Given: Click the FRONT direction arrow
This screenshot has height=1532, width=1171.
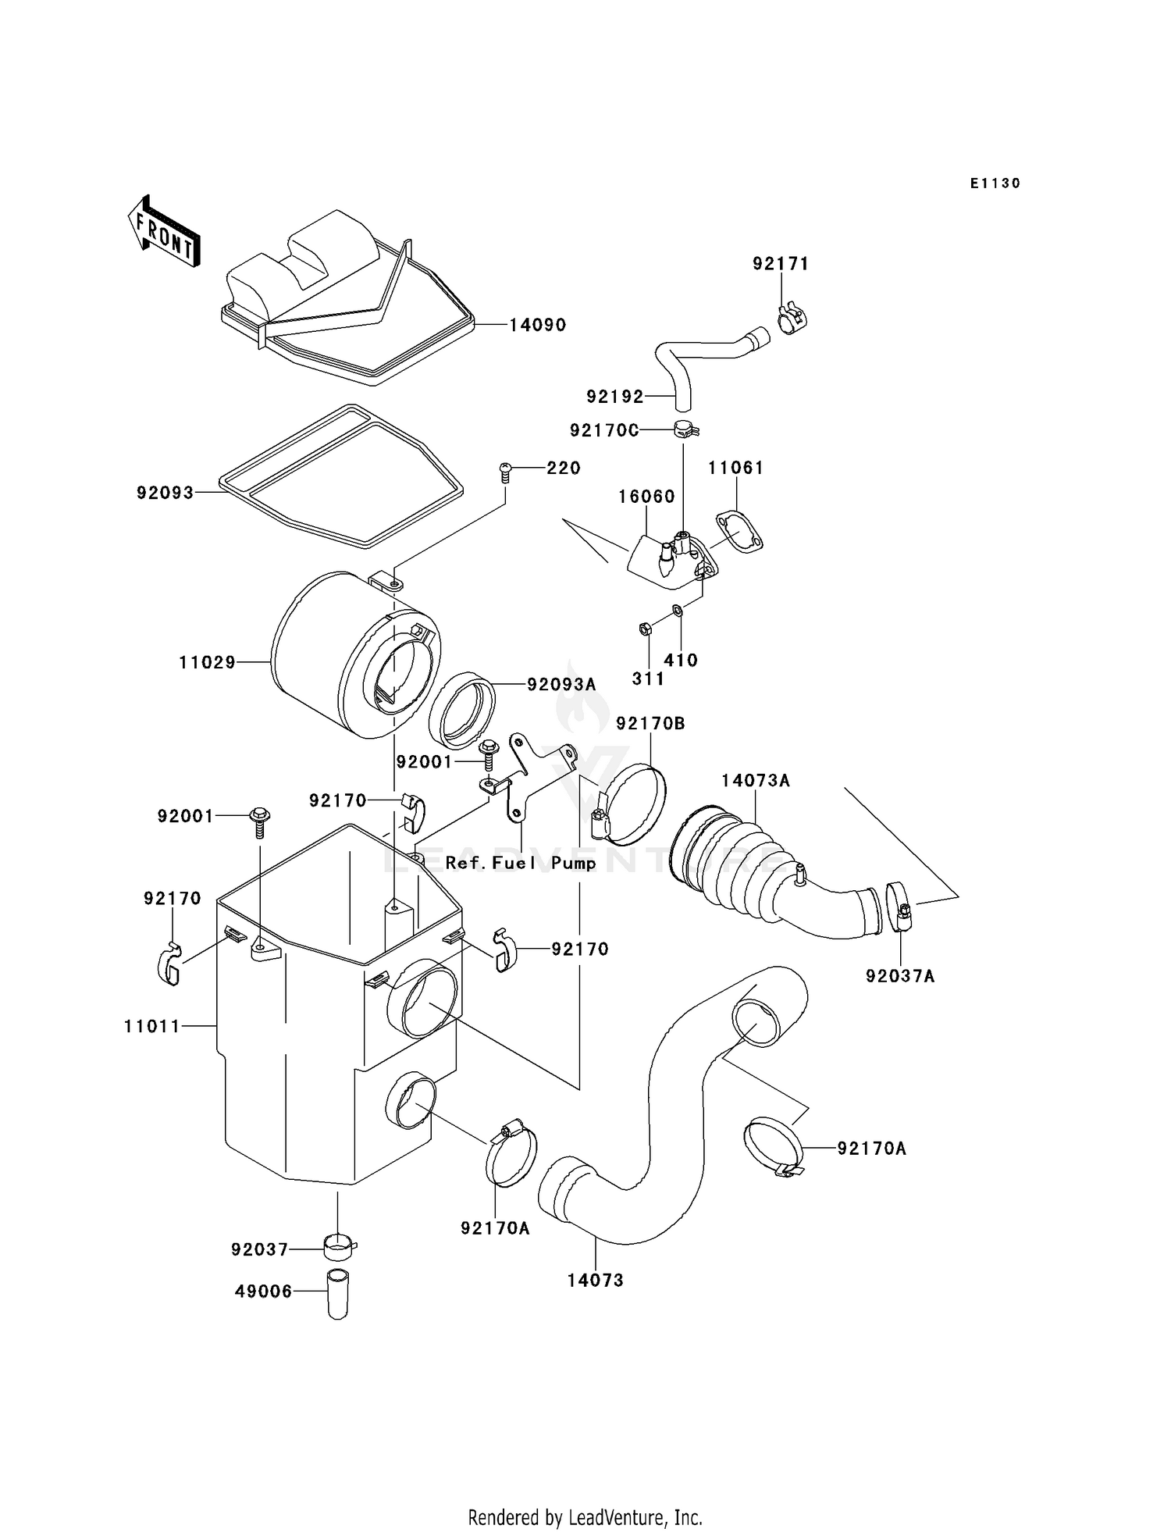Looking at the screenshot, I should [x=164, y=233].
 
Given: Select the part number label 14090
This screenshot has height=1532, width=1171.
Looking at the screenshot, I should [x=537, y=325].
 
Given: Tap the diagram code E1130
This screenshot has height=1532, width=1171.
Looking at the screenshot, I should [x=995, y=183].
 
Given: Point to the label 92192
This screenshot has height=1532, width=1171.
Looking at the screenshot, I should [x=615, y=397].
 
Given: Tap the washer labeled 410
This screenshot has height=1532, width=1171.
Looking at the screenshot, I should [x=677, y=610].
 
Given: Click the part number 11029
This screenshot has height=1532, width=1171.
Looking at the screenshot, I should [x=207, y=662].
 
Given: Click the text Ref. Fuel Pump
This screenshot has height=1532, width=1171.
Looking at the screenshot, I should [x=521, y=863].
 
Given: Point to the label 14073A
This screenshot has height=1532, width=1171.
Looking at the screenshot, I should [x=755, y=780].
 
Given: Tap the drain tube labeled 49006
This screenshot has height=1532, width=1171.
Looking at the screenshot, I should [x=337, y=1295].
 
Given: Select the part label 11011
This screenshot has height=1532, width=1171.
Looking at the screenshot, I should [x=152, y=1026].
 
